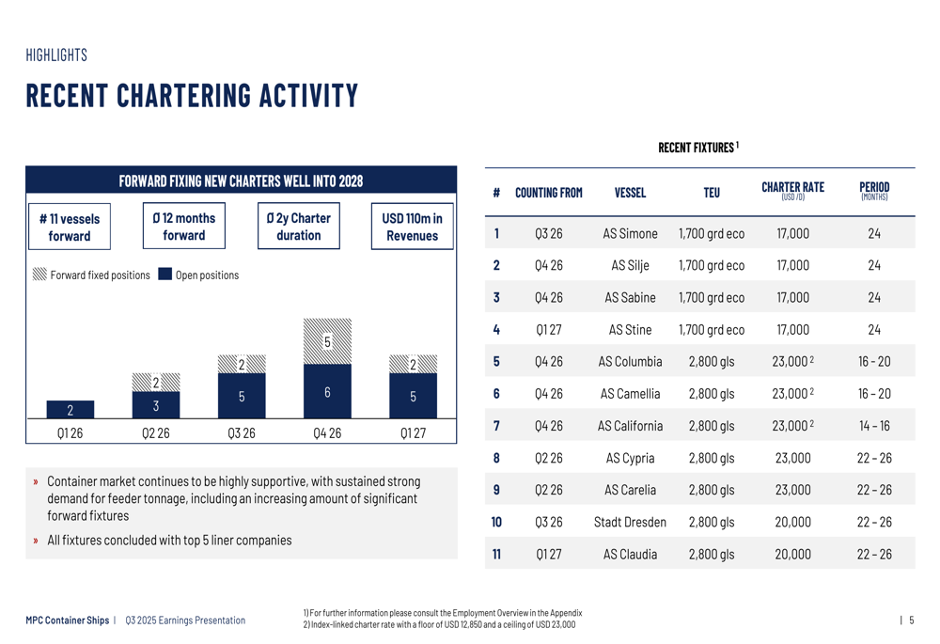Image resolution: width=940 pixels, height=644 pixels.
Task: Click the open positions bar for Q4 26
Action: point(327,391)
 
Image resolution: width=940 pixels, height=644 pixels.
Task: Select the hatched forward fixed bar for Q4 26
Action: point(327,341)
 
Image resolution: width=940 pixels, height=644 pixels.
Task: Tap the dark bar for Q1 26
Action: point(70,410)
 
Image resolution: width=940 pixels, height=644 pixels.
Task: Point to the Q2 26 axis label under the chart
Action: point(156,432)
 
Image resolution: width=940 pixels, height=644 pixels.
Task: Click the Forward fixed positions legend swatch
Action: point(39,274)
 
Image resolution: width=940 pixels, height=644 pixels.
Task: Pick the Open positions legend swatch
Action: point(164,274)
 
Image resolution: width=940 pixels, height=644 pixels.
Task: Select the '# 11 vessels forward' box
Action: point(70,227)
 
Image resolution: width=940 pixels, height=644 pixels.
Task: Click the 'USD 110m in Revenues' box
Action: point(413,227)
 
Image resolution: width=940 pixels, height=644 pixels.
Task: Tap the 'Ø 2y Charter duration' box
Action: point(299,226)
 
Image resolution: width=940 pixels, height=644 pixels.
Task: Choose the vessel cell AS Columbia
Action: point(630,362)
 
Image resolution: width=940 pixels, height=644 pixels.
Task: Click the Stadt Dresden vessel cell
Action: point(630,523)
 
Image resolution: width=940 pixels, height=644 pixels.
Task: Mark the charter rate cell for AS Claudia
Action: point(792,554)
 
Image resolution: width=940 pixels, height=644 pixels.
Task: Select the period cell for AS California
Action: point(874,426)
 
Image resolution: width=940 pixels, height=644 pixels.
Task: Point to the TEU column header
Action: point(712,193)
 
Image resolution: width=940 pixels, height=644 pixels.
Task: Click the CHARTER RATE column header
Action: point(792,191)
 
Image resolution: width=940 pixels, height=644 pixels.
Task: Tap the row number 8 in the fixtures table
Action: point(496,458)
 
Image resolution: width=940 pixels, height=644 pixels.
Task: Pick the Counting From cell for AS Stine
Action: point(549,330)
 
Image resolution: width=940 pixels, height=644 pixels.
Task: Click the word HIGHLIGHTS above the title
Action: point(56,55)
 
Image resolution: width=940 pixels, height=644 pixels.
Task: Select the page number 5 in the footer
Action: point(911,620)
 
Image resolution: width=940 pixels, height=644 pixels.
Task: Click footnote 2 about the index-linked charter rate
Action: point(439,625)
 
